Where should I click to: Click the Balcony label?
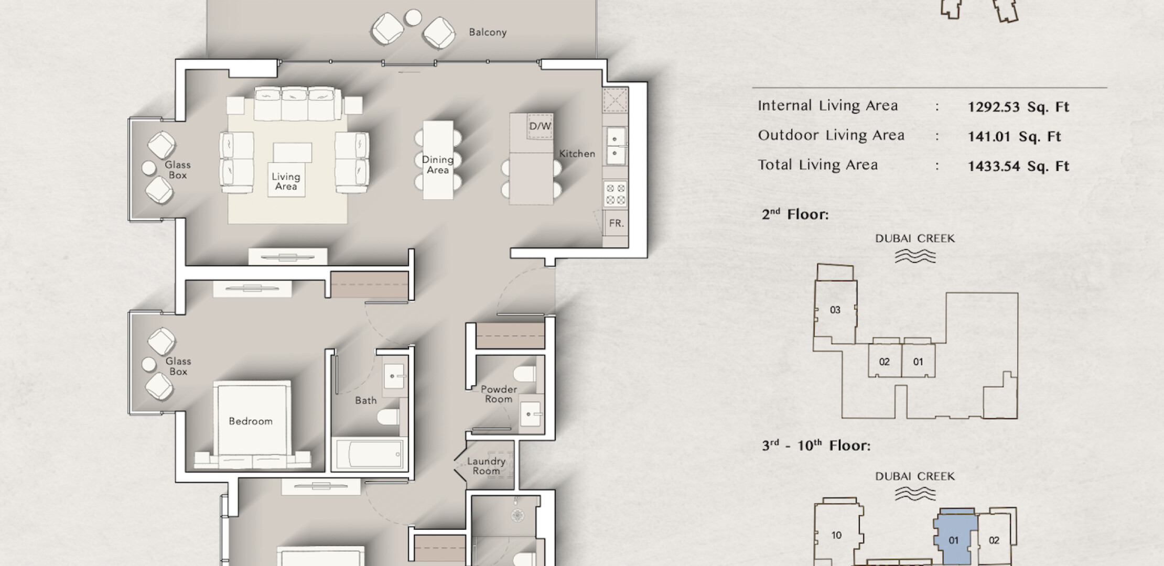488,32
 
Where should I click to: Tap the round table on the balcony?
413,17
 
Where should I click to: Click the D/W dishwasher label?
540,126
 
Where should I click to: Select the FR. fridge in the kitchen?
616,223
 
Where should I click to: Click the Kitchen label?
577,154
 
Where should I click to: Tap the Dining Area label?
438,165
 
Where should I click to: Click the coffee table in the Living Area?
292,153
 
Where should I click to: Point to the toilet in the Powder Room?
525,374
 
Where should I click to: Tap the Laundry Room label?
486,466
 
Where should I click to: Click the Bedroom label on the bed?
251,421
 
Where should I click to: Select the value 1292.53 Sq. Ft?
1018,107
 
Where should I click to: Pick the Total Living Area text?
817,165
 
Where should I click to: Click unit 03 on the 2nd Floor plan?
835,310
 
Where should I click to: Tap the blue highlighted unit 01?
954,540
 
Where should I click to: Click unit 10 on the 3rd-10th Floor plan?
837,535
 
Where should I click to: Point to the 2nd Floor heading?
795,214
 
